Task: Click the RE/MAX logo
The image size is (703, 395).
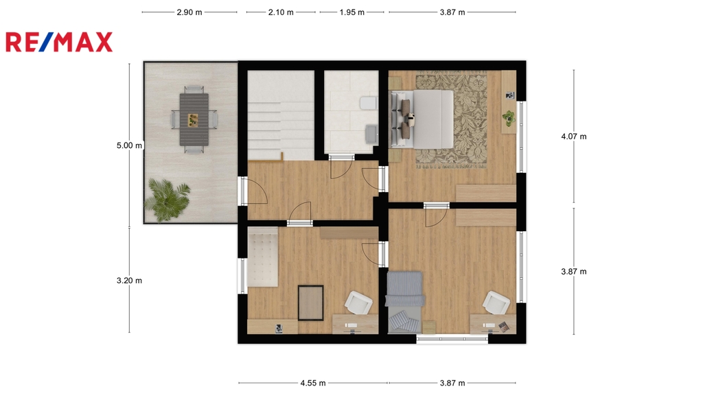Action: pos(59,42)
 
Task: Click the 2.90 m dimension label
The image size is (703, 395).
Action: pos(189,12)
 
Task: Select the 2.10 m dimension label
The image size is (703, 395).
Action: pos(281,12)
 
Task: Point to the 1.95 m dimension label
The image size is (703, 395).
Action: pos(352,12)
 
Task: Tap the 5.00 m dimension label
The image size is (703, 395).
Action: pos(129,145)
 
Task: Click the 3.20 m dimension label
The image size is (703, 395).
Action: pos(129,280)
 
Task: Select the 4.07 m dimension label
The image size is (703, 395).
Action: pos(574,136)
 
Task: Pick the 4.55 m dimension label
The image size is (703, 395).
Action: pos(313,383)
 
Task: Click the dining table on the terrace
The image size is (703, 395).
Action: pos(194,119)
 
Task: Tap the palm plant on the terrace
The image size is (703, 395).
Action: pos(168,200)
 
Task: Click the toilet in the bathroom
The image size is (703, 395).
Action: pos(368,103)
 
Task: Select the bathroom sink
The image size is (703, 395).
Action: pos(371,134)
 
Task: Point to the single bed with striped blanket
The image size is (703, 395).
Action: pos(405,302)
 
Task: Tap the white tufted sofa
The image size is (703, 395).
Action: pos(262,256)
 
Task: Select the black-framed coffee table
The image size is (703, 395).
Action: pos(311,303)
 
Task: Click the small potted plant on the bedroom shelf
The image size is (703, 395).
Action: pos(509,118)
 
